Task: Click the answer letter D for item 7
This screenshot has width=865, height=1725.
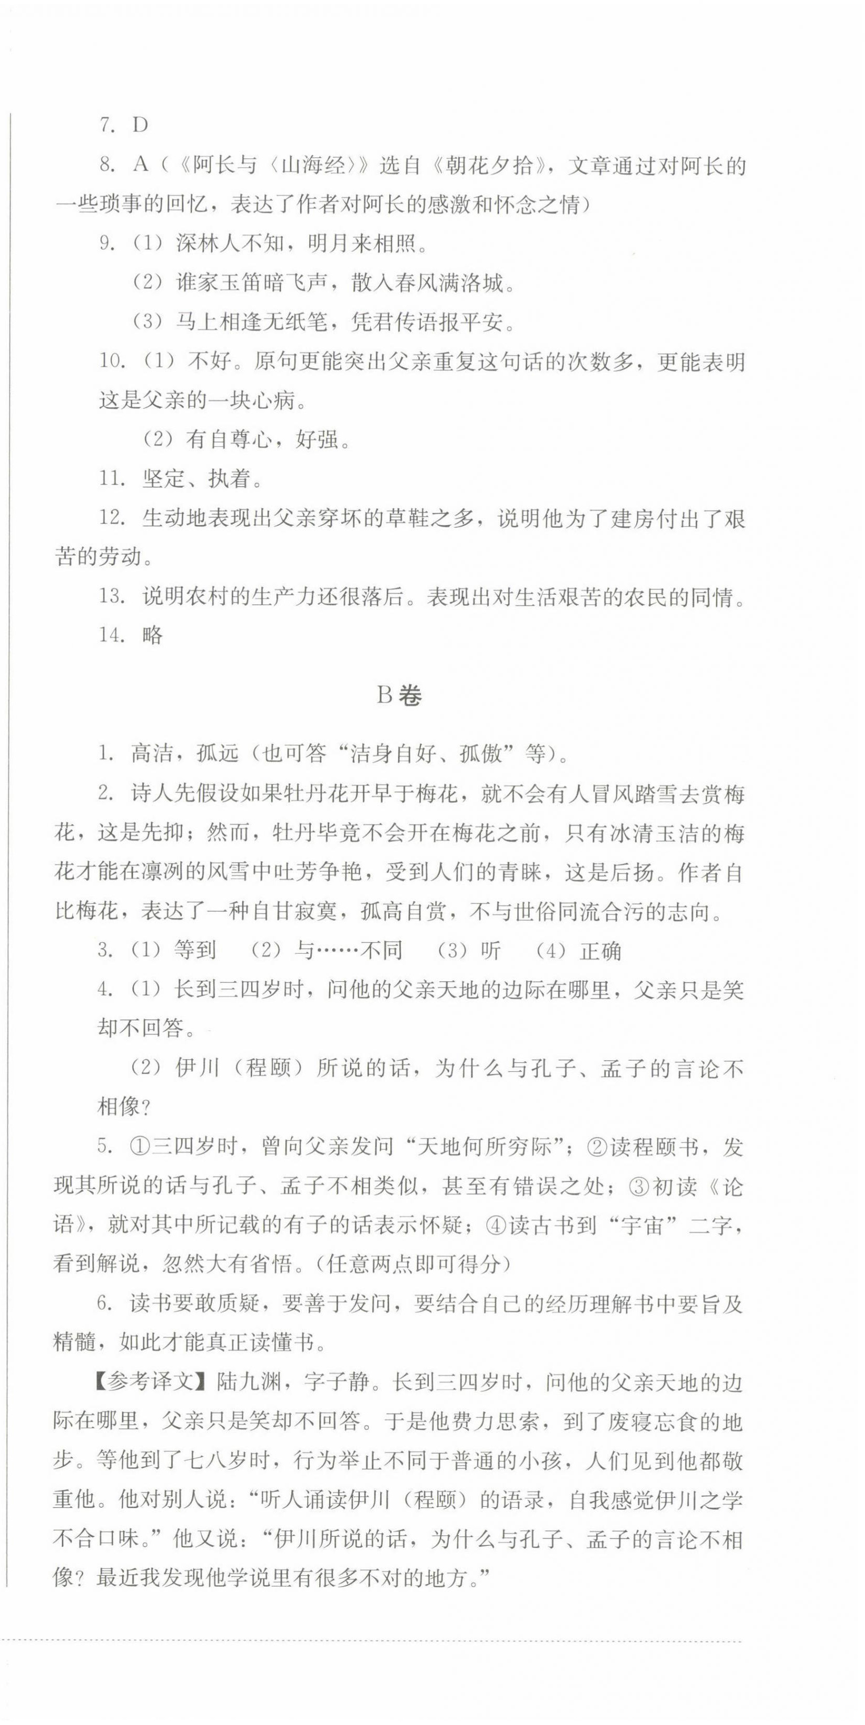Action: click(140, 125)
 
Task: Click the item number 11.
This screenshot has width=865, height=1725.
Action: click(112, 478)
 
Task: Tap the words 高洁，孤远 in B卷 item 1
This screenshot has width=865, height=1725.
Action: click(184, 754)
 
